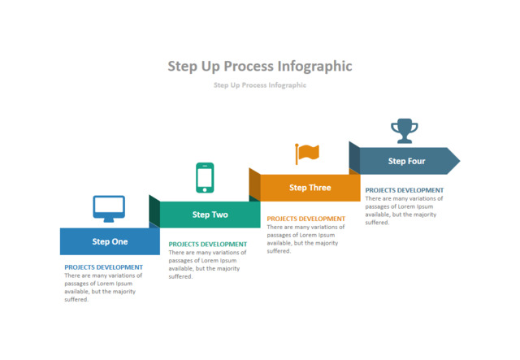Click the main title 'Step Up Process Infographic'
pyautogui.click(x=260, y=66)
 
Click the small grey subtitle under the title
pyautogui.click(x=260, y=85)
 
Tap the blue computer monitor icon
pyautogui.click(x=109, y=208)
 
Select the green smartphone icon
pyautogui.click(x=205, y=178)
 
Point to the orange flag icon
pyautogui.click(x=307, y=153)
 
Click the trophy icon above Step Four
pyautogui.click(x=404, y=130)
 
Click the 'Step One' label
pyautogui.click(x=110, y=241)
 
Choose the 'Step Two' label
pyautogui.click(x=210, y=215)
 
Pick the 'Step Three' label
pyautogui.click(x=310, y=188)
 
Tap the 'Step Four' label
pyautogui.click(x=406, y=161)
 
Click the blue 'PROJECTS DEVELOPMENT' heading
pyautogui.click(x=103, y=267)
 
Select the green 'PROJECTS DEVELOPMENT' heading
pyautogui.click(x=207, y=244)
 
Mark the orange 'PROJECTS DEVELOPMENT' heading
pyautogui.click(x=305, y=219)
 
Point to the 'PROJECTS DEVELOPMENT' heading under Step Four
pyautogui.click(x=404, y=190)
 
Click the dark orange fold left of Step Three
pyautogui.click(x=254, y=184)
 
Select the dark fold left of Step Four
pyautogui.click(x=354, y=157)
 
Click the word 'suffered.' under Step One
pyautogui.click(x=76, y=300)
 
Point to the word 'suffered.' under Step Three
pyautogui.click(x=278, y=251)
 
